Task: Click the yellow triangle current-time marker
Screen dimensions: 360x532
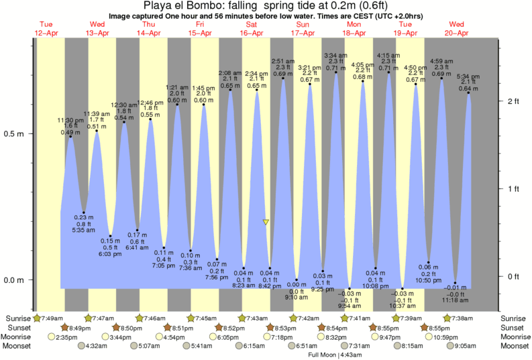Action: coord(266,222)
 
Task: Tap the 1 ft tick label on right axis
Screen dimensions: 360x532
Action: coord(513,188)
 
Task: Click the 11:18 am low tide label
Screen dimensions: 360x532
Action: coord(456,300)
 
